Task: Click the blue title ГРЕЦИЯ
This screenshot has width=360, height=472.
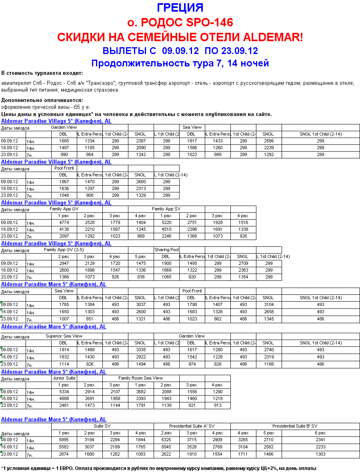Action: (x=180, y=8)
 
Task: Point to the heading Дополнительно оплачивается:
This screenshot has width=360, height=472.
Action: (x=42, y=100)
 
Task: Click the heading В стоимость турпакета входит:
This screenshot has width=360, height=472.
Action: (x=42, y=73)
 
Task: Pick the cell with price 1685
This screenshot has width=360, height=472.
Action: (x=64, y=141)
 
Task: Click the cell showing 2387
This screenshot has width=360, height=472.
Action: (x=140, y=141)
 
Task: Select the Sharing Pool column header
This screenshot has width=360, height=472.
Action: (x=166, y=250)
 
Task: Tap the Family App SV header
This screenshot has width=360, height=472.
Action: (x=166, y=209)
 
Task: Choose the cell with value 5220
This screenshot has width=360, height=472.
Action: (x=166, y=222)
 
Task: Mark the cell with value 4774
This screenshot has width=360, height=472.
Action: (x=64, y=222)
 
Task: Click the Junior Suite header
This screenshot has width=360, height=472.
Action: (x=64, y=378)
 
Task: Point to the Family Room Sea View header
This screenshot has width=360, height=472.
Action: (x=141, y=378)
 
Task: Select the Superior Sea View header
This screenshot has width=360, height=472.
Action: (x=64, y=336)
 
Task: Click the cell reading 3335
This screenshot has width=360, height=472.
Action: (x=140, y=350)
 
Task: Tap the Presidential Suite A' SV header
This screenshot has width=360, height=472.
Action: (x=192, y=426)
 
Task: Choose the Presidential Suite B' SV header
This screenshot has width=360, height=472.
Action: (x=295, y=426)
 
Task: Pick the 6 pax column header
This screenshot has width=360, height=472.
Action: (x=320, y=433)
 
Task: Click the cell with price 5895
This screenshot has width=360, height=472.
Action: (x=64, y=440)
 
